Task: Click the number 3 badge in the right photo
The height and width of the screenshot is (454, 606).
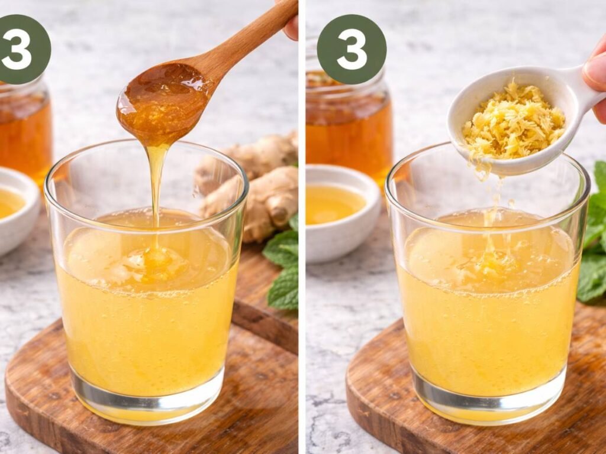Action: tap(352, 49)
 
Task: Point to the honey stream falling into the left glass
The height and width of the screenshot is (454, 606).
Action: tap(156, 183)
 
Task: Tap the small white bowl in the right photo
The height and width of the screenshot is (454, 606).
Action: tap(340, 213)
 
